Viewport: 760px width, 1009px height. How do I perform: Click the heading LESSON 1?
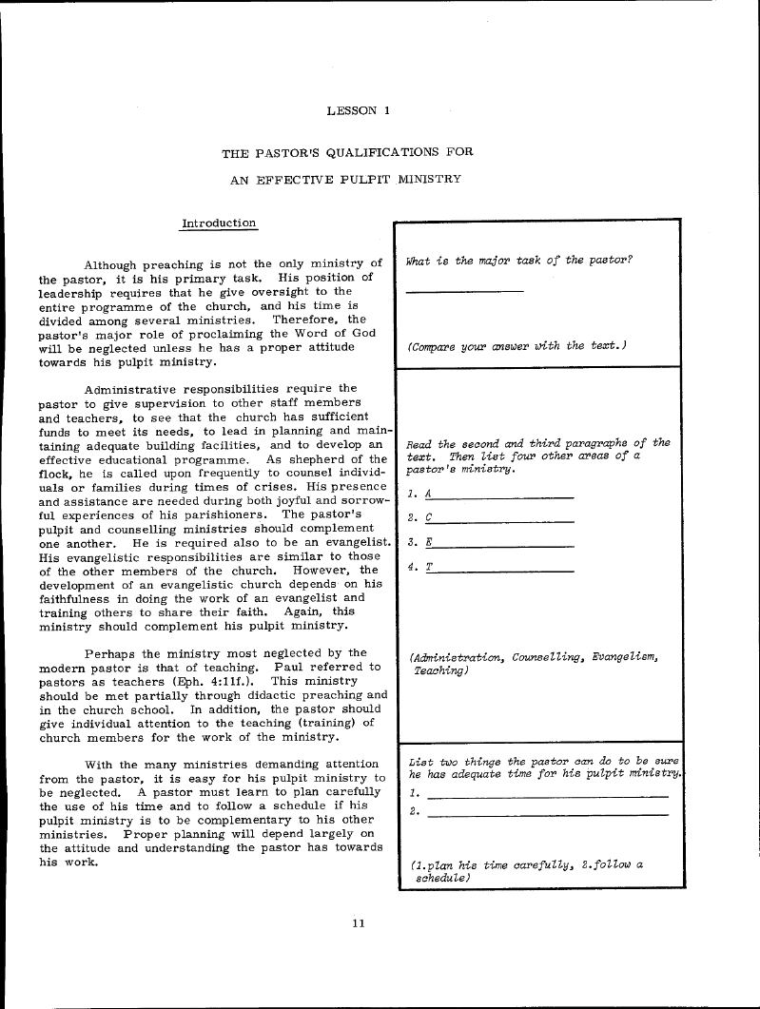click(358, 110)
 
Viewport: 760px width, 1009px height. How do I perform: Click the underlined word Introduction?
click(219, 223)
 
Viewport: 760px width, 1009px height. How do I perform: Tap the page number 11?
click(358, 922)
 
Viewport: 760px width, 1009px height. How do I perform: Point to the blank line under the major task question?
click(464, 290)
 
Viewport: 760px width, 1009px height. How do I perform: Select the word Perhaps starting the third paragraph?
click(112, 652)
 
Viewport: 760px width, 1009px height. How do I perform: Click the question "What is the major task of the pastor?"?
click(519, 261)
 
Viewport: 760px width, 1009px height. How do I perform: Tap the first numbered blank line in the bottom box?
click(547, 795)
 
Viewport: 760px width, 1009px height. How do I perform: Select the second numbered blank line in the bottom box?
click(547, 814)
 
